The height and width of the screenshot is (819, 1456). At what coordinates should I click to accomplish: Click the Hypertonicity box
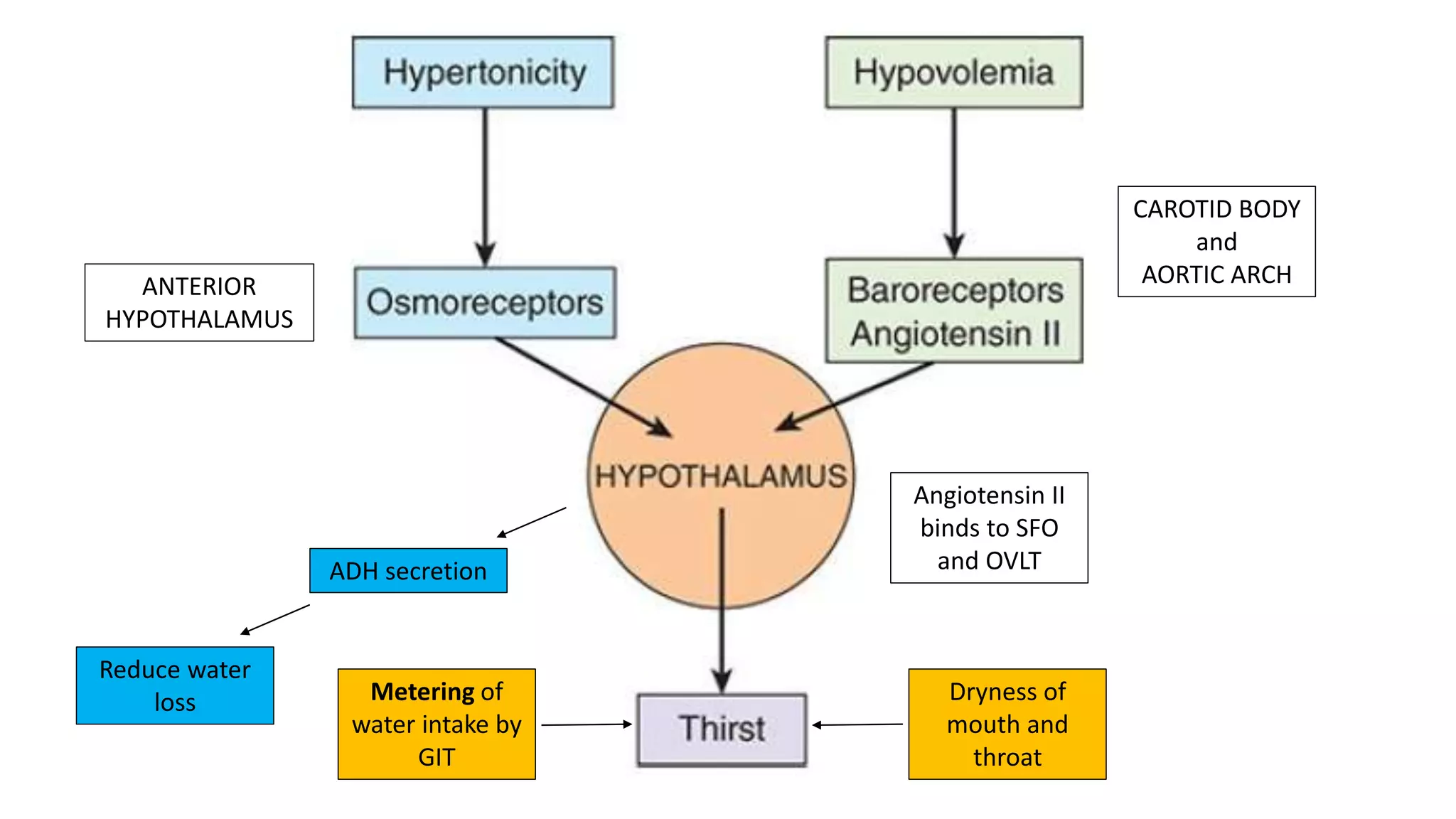click(x=483, y=73)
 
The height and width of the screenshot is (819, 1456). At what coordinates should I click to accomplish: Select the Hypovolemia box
click(x=953, y=73)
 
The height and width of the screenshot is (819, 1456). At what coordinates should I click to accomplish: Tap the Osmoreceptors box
click(x=485, y=302)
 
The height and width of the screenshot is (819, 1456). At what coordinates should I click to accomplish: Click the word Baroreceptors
click(x=955, y=290)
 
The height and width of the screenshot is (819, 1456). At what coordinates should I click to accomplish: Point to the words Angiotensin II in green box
click(x=955, y=334)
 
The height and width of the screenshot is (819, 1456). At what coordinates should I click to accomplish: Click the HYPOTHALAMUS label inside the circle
click(x=721, y=476)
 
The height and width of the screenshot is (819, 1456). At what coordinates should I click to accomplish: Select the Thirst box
click(x=722, y=729)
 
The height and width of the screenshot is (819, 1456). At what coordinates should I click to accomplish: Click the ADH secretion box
click(x=408, y=571)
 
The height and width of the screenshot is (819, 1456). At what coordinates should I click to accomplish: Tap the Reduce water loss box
click(x=175, y=685)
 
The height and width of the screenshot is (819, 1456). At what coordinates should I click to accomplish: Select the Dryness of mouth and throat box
click(x=1007, y=724)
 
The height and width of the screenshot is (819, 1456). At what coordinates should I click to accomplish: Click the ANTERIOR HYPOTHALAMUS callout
click(x=199, y=303)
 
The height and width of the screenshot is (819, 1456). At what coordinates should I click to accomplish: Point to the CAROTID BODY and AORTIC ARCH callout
click(x=1216, y=242)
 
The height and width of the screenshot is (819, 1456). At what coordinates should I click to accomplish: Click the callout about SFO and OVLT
click(x=989, y=528)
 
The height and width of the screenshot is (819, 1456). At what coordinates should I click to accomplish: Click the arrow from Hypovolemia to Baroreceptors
click(x=954, y=181)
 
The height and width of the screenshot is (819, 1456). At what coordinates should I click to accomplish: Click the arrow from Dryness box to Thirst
click(x=857, y=724)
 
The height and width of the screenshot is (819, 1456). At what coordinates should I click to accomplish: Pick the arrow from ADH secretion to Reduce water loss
click(x=275, y=619)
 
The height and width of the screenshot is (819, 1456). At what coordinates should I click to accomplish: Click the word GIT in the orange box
click(x=437, y=757)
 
